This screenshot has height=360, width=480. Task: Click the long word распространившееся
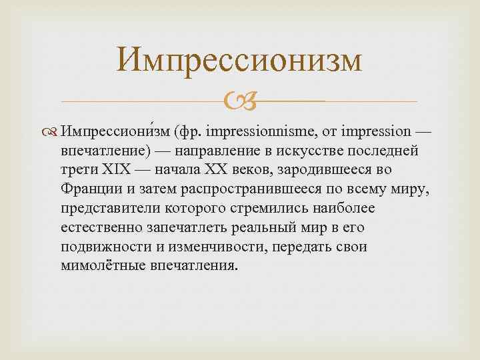click(x=224, y=187)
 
